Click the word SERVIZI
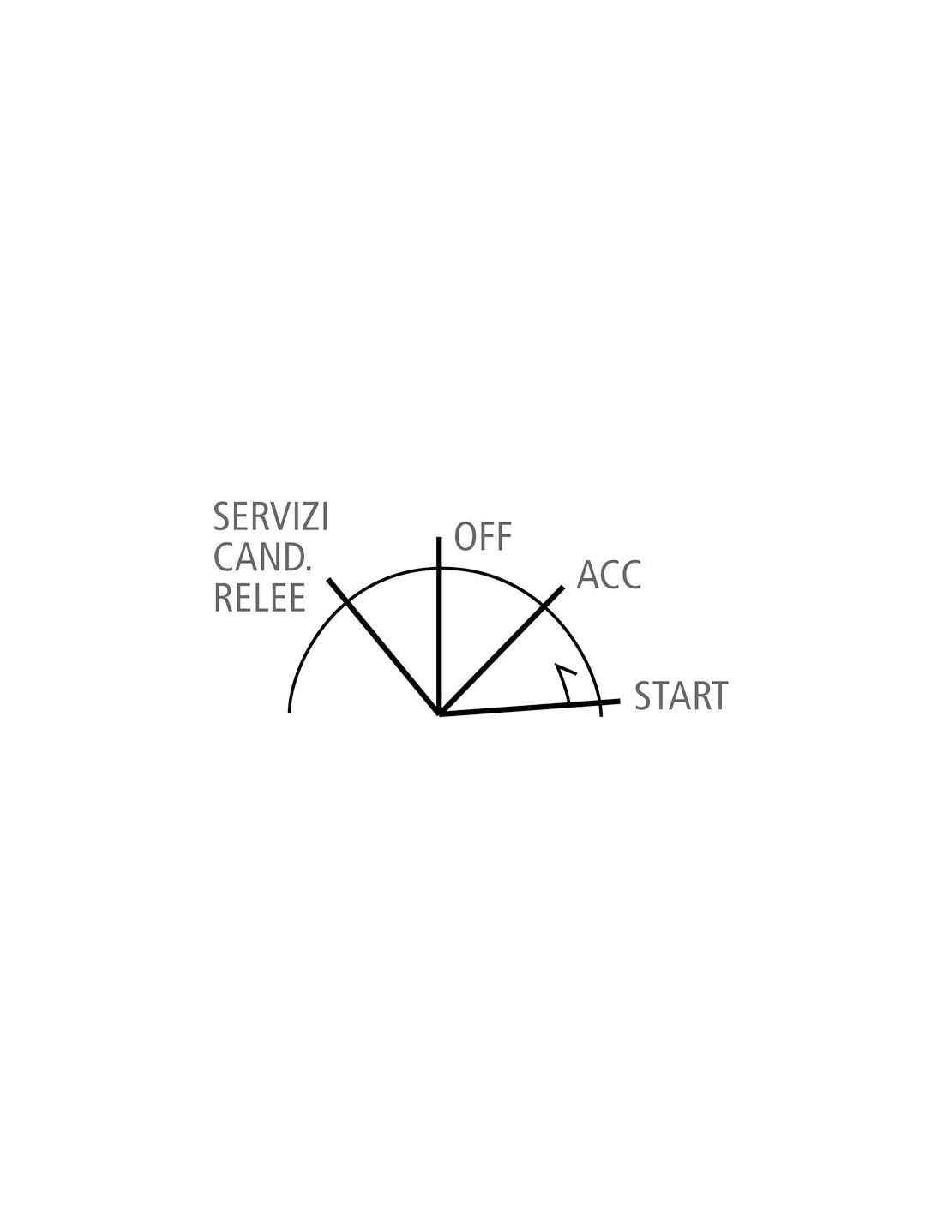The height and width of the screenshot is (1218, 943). tap(270, 516)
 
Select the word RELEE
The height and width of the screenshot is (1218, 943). tap(260, 598)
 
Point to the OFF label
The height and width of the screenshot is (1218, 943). tap(483, 536)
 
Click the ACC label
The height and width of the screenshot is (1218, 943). tap(609, 575)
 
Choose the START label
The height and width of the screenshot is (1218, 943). tap(681, 696)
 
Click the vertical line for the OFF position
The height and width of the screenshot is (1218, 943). tap(439, 625)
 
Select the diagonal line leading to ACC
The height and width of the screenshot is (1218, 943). tap(501, 650)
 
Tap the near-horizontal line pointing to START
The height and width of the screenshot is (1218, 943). tap(530, 708)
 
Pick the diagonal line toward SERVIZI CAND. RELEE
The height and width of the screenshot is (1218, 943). tap(383, 646)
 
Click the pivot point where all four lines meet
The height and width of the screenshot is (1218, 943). tap(440, 713)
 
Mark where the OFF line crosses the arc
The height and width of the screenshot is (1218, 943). tap(439, 569)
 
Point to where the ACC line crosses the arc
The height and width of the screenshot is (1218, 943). tap(544, 606)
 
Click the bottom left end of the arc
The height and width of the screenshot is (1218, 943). tap(289, 712)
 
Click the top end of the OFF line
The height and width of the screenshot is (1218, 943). tap(439, 537)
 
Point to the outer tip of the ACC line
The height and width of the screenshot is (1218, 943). tap(562, 587)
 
